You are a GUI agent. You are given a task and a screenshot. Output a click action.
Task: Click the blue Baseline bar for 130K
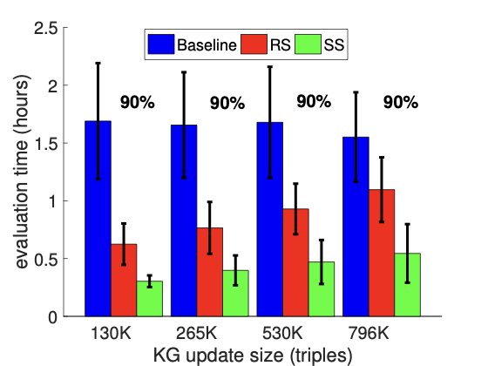[x=98, y=218]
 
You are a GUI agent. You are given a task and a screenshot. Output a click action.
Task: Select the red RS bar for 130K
[x=123, y=280]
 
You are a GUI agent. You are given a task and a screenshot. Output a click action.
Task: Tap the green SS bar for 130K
[x=148, y=298]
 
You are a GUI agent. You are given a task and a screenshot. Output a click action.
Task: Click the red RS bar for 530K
[x=295, y=262]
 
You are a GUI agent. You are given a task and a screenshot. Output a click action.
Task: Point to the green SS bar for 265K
[x=234, y=293]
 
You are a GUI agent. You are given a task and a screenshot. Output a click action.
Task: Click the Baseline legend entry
[x=192, y=44]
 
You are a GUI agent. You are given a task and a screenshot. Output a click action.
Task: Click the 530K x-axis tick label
[x=282, y=333]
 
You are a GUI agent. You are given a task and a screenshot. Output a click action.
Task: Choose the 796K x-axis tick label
[x=369, y=333]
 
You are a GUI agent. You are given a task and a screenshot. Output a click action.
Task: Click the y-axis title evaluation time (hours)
[x=19, y=173]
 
